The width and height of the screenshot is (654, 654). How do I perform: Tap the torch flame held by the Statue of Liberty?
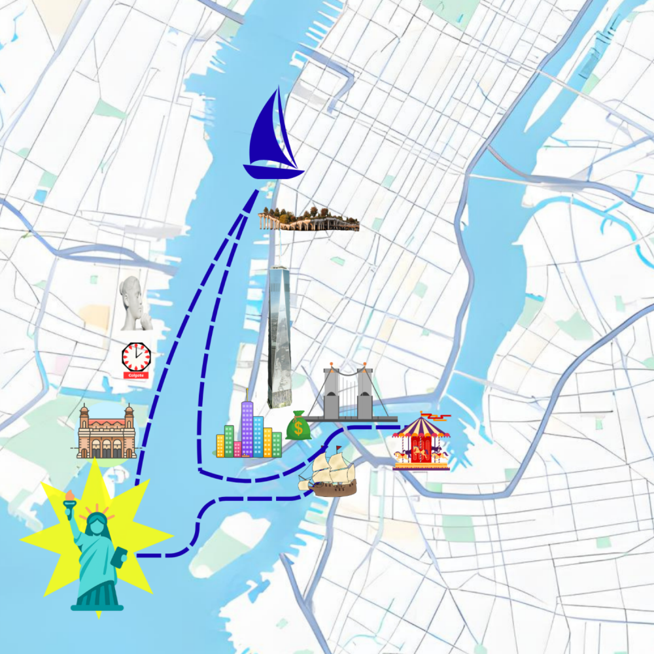68,494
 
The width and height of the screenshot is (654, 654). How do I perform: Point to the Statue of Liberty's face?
97,523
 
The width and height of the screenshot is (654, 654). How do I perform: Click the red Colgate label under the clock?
135,375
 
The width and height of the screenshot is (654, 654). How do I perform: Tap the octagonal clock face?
136,356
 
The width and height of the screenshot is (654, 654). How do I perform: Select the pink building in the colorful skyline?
237,449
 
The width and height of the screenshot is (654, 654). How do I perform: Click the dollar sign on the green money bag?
299,429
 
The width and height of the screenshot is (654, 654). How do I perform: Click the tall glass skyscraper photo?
279,337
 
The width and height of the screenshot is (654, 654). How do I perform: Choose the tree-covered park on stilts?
309,220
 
